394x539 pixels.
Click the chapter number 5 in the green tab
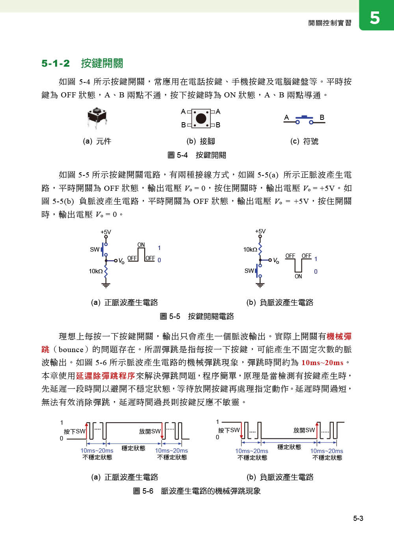click(375, 18)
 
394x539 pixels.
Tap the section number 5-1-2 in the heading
click(56, 63)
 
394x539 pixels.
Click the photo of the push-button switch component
click(97, 117)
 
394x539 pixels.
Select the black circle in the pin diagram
click(201, 118)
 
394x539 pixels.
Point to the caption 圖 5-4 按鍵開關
click(197, 155)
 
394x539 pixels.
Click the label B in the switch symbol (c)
click(322, 117)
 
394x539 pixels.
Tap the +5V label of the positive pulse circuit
click(106, 232)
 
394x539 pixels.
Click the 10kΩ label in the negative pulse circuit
click(250, 249)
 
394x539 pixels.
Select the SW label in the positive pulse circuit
click(95, 249)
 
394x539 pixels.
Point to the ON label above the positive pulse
click(141, 245)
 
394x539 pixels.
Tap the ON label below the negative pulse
click(298, 276)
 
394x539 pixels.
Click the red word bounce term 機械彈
click(339, 336)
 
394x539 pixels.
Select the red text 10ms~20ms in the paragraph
click(322, 362)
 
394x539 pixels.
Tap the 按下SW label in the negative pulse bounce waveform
click(229, 430)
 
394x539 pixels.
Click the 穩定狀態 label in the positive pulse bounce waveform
click(133, 448)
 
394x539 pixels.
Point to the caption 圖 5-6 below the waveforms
click(197, 491)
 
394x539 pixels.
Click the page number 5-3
click(358, 518)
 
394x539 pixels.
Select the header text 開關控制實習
click(330, 23)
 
